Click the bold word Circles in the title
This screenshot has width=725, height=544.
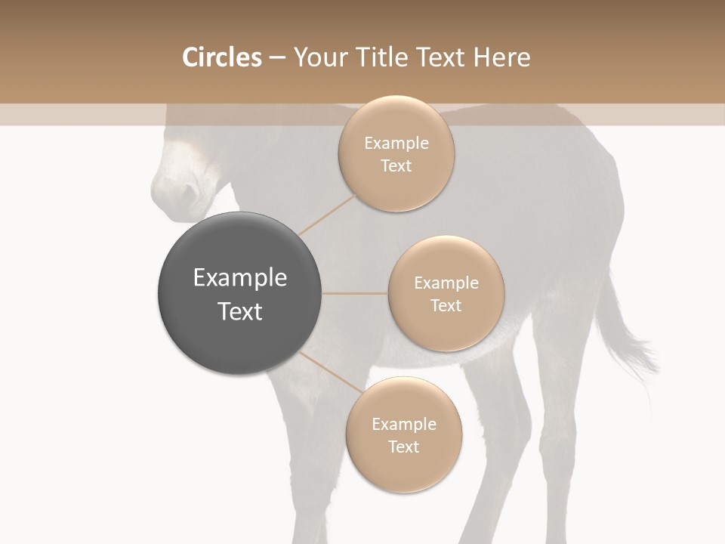point(222,57)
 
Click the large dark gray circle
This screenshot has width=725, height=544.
point(239,294)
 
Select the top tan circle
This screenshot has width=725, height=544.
point(396,153)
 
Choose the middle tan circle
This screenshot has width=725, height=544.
point(446,293)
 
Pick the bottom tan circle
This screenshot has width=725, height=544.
point(404,434)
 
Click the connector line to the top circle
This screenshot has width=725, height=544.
point(327,213)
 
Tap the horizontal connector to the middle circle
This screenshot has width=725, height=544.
point(355,293)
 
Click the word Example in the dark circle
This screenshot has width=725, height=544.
point(239,278)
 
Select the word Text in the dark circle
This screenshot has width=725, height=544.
point(239,311)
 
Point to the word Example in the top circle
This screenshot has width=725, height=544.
point(396,144)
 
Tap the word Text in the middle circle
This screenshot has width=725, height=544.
point(446,305)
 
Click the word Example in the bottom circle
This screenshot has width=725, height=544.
point(404,424)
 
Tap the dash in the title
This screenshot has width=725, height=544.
point(276,58)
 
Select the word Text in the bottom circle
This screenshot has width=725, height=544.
point(403,447)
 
